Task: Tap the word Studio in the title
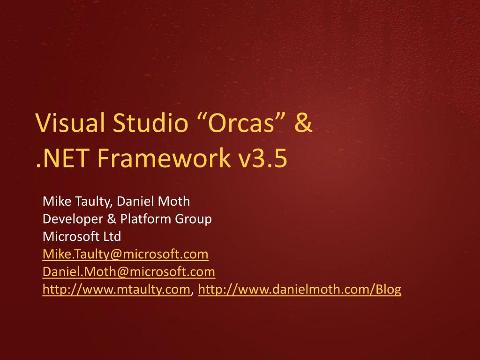[x=150, y=122]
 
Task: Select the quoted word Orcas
[x=240, y=122]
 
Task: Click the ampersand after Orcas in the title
[x=303, y=122]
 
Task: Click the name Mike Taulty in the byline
[x=76, y=202]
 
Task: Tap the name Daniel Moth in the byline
[x=153, y=201]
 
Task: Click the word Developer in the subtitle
[x=73, y=219]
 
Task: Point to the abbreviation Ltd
[x=112, y=236]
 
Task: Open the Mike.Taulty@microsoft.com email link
[x=126, y=255]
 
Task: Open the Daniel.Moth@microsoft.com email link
[x=129, y=272]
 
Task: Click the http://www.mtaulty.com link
[x=116, y=290]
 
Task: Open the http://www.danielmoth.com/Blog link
[x=300, y=290]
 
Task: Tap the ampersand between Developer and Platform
[x=112, y=219]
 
